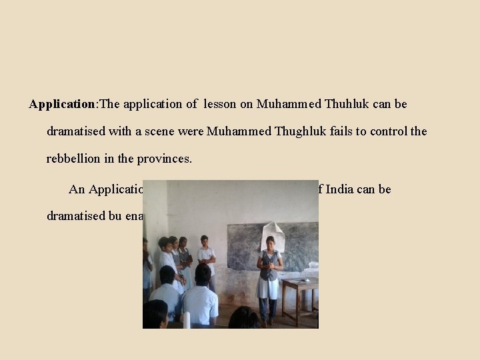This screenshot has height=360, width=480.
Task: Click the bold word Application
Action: click(x=63, y=105)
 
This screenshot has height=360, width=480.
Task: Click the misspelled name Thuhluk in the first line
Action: click(x=347, y=105)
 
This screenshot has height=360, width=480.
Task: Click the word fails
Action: click(x=339, y=131)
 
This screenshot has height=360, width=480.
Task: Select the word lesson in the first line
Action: click(x=221, y=105)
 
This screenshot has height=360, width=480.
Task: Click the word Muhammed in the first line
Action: click(x=289, y=105)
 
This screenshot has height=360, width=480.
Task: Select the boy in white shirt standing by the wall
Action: click(x=206, y=257)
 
